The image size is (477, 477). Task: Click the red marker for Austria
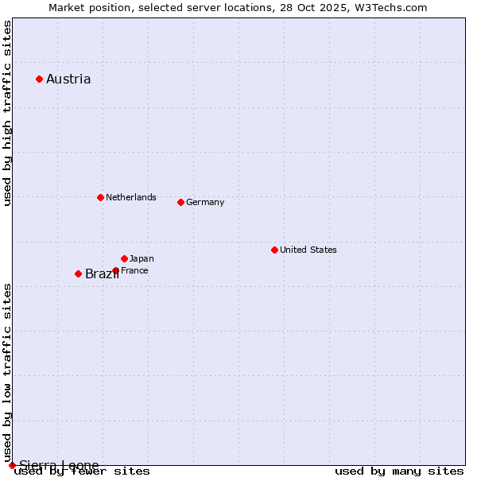point(39,79)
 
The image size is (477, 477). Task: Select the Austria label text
point(68,79)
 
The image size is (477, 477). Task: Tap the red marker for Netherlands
point(100,197)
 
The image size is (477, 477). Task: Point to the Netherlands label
point(131,197)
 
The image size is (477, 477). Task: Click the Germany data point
point(180,202)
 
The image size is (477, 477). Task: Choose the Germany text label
point(205,202)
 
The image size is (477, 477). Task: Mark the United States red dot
point(274,250)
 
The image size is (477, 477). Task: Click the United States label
point(308,250)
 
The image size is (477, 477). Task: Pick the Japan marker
point(124,258)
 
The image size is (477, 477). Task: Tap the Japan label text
point(142,258)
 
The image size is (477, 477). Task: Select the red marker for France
point(115,270)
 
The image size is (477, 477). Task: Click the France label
point(134,270)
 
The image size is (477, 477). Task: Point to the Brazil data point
point(78,273)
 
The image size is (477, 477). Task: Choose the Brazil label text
point(101,274)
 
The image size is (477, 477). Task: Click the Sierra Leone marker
point(12,465)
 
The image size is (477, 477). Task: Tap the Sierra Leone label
point(59,465)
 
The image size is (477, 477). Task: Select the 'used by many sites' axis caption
point(399,471)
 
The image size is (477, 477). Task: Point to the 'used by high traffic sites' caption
point(8,113)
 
